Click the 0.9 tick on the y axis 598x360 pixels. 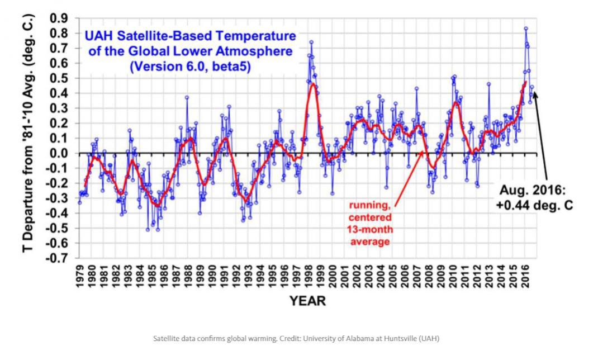pyautogui.click(x=58, y=18)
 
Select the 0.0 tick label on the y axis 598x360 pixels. pyautogui.click(x=58, y=153)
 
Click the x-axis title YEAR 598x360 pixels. pyautogui.click(x=308, y=301)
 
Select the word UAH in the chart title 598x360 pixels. pyautogui.click(x=98, y=37)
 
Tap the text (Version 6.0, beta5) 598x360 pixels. pyautogui.click(x=191, y=67)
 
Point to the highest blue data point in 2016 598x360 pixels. pyautogui.click(x=526, y=29)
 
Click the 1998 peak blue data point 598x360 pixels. pyautogui.click(x=311, y=42)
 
